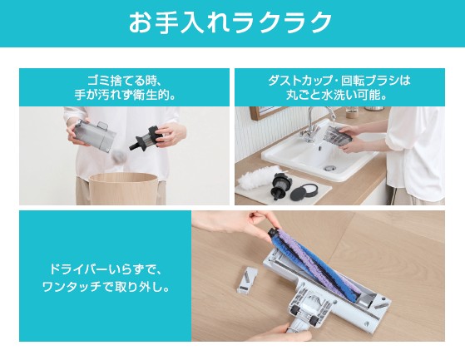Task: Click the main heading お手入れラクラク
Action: coord(230,22)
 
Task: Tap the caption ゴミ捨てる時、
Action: coord(124,81)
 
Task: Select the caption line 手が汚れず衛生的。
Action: coord(124,95)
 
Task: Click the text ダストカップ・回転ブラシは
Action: coord(339,81)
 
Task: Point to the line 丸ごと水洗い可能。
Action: coord(339,95)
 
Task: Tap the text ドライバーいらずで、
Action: coord(105,269)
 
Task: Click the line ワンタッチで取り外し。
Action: coord(105,287)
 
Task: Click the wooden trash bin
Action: coord(124,189)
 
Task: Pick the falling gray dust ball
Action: coord(119,155)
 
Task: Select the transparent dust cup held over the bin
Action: coord(94,135)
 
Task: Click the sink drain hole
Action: coord(329,168)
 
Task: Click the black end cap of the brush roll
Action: coord(274,231)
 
